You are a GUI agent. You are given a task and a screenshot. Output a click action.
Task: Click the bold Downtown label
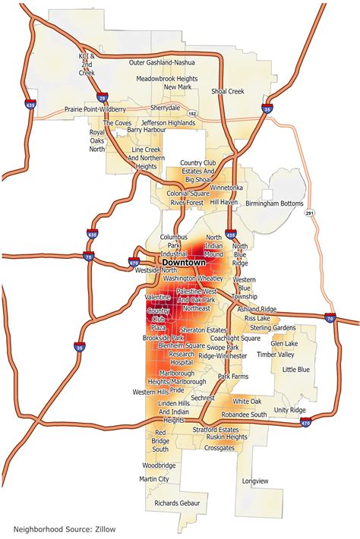click(185, 262)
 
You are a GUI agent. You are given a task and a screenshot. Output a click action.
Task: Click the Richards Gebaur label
click(177, 503)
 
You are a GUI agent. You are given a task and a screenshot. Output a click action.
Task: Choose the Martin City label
click(154, 479)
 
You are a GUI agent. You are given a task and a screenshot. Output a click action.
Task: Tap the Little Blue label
click(295, 370)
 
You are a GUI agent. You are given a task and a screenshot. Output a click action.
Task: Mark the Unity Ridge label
click(289, 410)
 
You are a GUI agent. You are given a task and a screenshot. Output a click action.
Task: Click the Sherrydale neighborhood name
click(165, 108)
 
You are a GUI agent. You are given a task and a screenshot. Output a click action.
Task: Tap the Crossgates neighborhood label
click(219, 448)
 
